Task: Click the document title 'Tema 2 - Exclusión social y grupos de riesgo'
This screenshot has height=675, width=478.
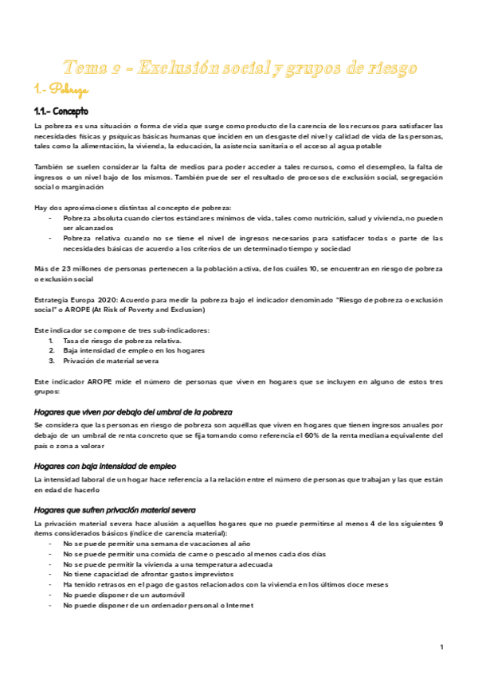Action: pos(239,68)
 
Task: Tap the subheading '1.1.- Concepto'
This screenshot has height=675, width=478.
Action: pos(61,111)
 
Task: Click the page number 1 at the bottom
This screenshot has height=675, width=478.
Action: pos(441,647)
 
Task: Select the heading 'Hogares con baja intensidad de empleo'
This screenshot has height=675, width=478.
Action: pos(105,466)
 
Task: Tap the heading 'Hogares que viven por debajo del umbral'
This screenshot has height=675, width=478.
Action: pos(133,412)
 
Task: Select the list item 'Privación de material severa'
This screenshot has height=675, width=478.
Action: pos(112,361)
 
